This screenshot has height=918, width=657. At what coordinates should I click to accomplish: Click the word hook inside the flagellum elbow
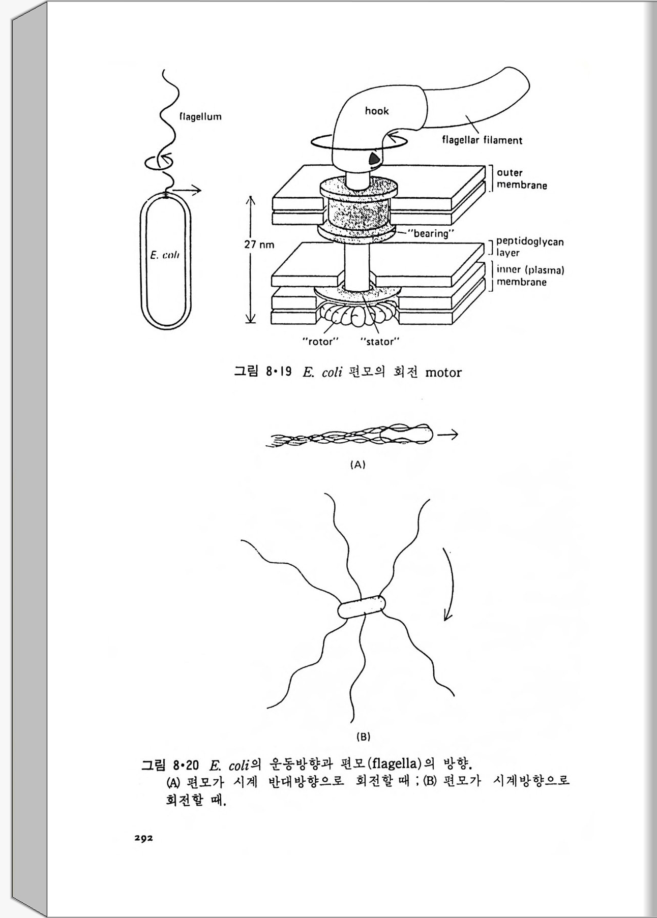pyautogui.click(x=376, y=111)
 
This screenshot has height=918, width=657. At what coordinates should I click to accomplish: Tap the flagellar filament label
pyautogui.click(x=482, y=140)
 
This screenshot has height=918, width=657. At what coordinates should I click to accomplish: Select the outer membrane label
pyautogui.click(x=522, y=179)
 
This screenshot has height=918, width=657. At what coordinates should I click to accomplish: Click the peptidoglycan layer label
pyautogui.click(x=530, y=247)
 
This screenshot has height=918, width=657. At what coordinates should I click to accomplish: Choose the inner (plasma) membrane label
pyautogui.click(x=530, y=276)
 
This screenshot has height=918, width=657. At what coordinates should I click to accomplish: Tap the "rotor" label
pyautogui.click(x=320, y=342)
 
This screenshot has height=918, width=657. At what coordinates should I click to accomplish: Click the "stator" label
pyautogui.click(x=380, y=342)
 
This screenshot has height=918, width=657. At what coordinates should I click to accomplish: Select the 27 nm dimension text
pyautogui.click(x=259, y=244)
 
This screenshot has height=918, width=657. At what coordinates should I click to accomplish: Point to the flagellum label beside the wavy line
pyautogui.click(x=200, y=116)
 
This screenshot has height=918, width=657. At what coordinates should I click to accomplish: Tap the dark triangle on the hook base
pyautogui.click(x=375, y=159)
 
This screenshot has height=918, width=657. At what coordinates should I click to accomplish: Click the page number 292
pyautogui.click(x=143, y=838)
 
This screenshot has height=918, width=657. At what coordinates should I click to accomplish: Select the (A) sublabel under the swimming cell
pyautogui.click(x=358, y=464)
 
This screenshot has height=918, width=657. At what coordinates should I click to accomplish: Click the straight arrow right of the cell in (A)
pyautogui.click(x=447, y=435)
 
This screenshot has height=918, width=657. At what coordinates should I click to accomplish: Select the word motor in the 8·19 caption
pyautogui.click(x=443, y=373)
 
